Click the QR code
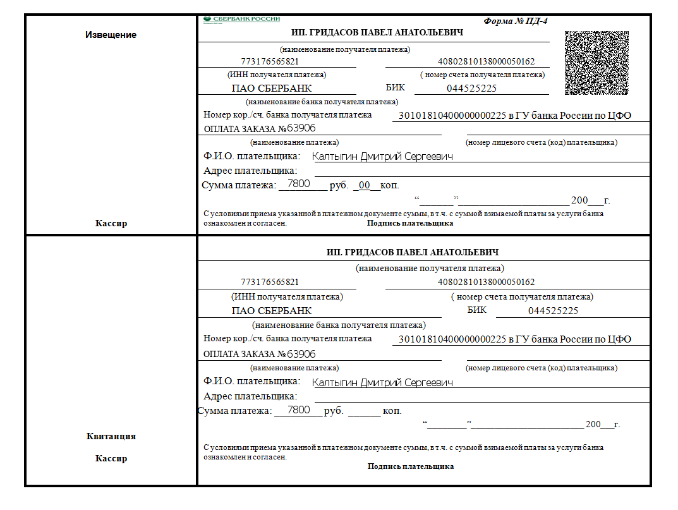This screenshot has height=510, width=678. [x=596, y=63]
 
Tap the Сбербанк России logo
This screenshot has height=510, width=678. [x=242, y=20]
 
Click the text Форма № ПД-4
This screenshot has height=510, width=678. [x=516, y=21]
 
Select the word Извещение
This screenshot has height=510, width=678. [x=111, y=35]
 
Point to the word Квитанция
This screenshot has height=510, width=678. [x=111, y=436]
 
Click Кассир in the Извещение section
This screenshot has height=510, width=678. [x=111, y=223]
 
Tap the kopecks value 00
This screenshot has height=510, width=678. [x=365, y=185]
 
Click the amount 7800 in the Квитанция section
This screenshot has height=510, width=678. [x=298, y=410]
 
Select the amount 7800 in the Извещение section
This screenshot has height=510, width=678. [x=298, y=184]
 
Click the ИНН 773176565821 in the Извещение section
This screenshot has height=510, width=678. [x=270, y=62]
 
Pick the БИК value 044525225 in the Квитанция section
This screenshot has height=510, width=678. [x=553, y=311]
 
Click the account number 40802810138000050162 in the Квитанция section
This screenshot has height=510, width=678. [x=486, y=282]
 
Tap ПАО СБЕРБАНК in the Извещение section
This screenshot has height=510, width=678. [x=272, y=88]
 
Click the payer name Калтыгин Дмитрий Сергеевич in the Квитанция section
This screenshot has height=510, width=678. [x=383, y=382]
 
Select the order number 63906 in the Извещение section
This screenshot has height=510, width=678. [x=301, y=128]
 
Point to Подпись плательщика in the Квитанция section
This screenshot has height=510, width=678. [x=411, y=466]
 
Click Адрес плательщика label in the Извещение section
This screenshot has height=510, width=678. [x=250, y=171]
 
